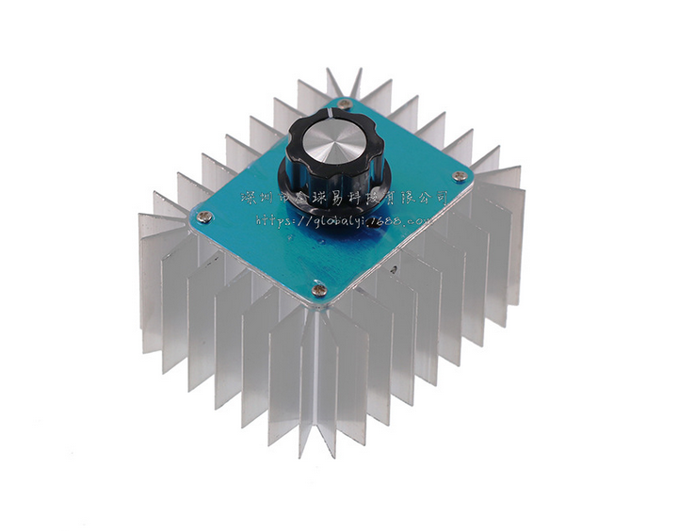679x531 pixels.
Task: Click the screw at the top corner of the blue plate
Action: pos(345,105)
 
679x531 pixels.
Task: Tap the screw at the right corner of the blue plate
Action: pos(459,176)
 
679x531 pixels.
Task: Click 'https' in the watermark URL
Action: pos(273,221)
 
